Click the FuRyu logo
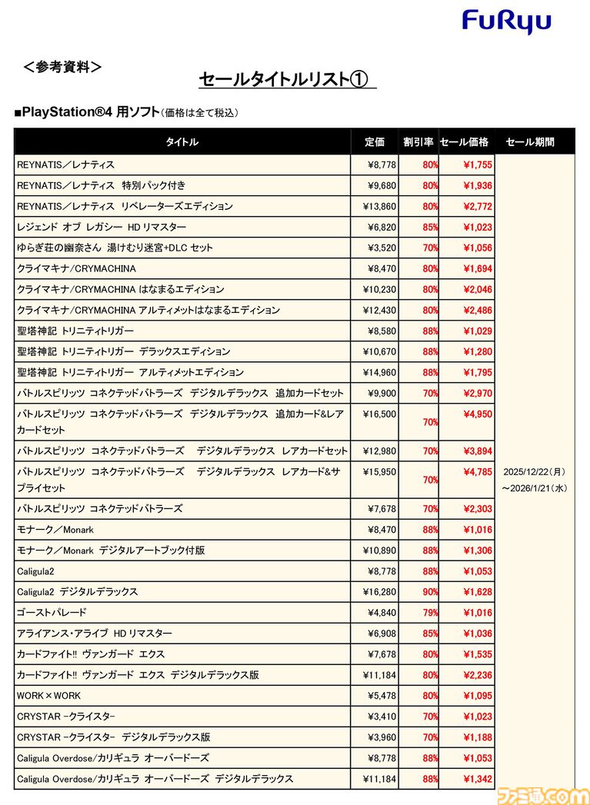click(506, 22)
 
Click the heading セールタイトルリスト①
click(284, 80)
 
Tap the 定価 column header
click(375, 142)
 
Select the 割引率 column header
click(418, 142)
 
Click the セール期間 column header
click(530, 142)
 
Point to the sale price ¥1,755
click(477, 165)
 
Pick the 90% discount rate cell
click(430, 592)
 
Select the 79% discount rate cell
click(430, 613)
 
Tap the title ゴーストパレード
click(52, 613)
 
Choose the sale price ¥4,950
click(477, 414)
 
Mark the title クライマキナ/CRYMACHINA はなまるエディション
click(121, 289)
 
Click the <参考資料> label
click(63, 67)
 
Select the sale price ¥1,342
click(477, 779)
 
